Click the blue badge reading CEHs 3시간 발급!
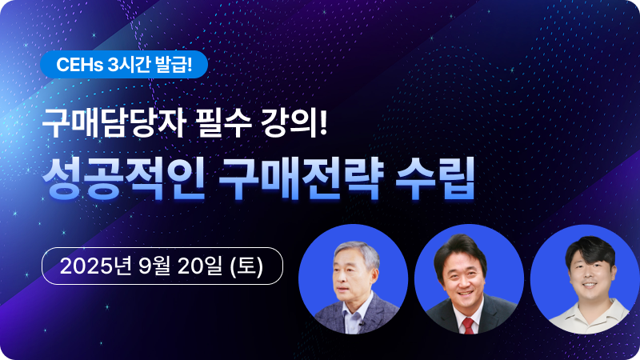pos(124,65)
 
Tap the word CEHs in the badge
pos(79,65)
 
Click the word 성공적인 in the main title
pos(123,178)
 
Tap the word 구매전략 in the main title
pos(301,178)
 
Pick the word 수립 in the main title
pos(434,178)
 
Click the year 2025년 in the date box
pos(95,266)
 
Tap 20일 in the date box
pos(199,266)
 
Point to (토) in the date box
pos(246,266)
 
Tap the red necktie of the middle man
pos(468,326)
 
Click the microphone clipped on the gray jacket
pos(361,325)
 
